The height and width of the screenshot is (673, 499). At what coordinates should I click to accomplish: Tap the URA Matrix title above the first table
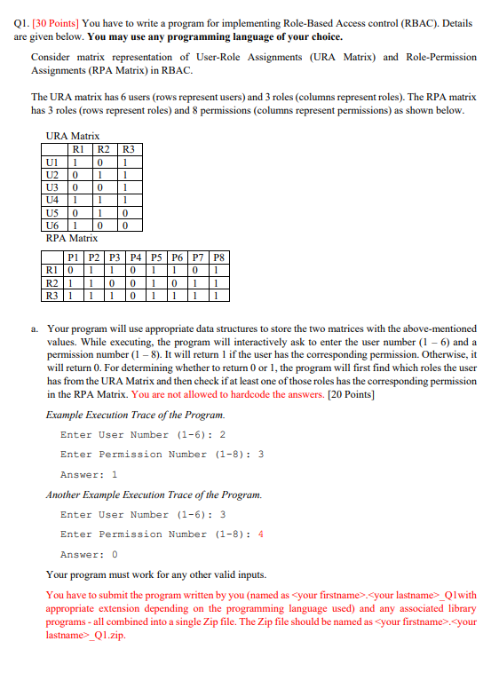click(x=72, y=136)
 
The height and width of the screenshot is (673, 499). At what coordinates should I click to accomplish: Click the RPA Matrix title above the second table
click(x=72, y=239)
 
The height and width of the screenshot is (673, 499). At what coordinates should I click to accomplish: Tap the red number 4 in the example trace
click(x=260, y=534)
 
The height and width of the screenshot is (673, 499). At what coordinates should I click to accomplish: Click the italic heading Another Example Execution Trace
click(x=134, y=495)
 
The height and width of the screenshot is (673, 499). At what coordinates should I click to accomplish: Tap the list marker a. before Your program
click(x=35, y=329)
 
